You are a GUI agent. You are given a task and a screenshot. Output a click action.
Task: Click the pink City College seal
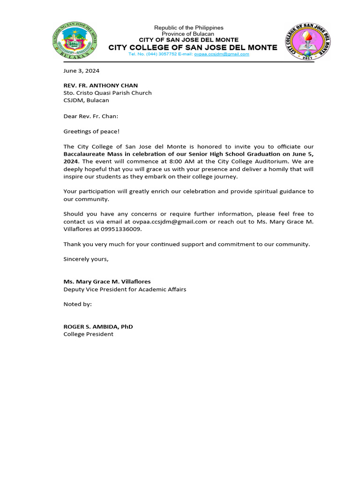click(x=307, y=41)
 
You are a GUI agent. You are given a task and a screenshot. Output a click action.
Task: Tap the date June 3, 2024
click(x=82, y=71)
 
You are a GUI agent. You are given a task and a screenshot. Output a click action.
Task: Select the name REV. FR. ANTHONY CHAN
click(x=101, y=85)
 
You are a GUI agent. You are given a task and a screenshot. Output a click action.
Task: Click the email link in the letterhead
click(x=222, y=54)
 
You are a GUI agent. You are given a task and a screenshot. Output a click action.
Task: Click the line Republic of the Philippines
click(x=188, y=28)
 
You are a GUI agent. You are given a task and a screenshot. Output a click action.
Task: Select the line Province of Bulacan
click(x=188, y=34)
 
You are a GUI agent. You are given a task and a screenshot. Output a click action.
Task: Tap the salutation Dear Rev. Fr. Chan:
click(x=91, y=115)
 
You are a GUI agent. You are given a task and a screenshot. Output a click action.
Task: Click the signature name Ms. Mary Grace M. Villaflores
click(x=107, y=282)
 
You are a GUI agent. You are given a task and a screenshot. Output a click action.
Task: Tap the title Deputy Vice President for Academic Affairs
click(x=125, y=289)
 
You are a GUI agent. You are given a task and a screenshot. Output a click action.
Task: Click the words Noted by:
click(x=78, y=304)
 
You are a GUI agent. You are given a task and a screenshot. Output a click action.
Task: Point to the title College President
click(x=89, y=334)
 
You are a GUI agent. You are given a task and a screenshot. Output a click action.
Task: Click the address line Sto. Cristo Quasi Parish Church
click(x=108, y=93)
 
